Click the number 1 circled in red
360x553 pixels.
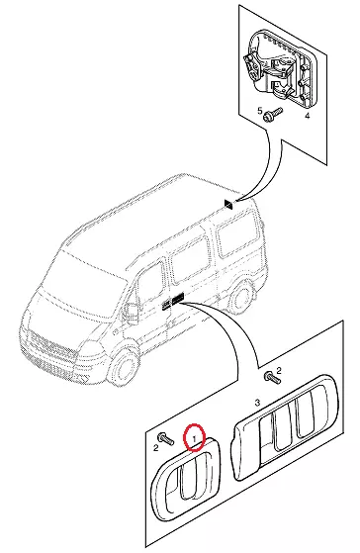pyautogui.click(x=194, y=438)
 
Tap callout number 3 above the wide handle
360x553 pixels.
pyautogui.click(x=257, y=403)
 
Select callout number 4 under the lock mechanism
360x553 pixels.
pyautogui.click(x=308, y=116)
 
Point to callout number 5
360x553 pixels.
pyautogui.click(x=260, y=111)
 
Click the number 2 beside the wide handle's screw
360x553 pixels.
pyautogui.click(x=279, y=370)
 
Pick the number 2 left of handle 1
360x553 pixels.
pyautogui.click(x=155, y=448)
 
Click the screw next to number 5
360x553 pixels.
pyautogui.click(x=273, y=115)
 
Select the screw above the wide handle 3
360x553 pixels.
pyautogui.click(x=272, y=378)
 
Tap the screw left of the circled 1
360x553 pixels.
pyautogui.click(x=166, y=437)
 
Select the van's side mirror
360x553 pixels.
pyautogui.click(x=133, y=313)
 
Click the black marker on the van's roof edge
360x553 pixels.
pyautogui.click(x=228, y=204)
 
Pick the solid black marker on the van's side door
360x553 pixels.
pyautogui.click(x=178, y=298)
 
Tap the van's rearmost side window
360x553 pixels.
pyautogui.click(x=237, y=239)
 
